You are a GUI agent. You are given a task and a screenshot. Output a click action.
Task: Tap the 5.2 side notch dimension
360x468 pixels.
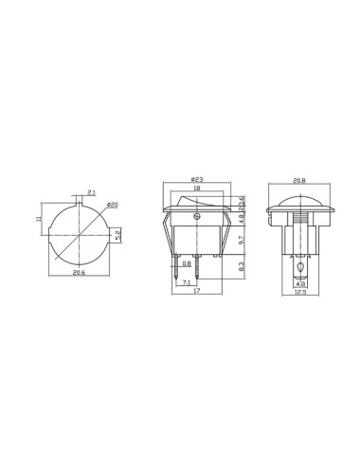click(x=117, y=233)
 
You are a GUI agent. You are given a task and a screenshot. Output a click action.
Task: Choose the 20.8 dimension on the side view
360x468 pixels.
click(x=298, y=180)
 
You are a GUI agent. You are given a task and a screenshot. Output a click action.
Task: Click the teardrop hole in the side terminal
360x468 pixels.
click(x=299, y=269)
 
